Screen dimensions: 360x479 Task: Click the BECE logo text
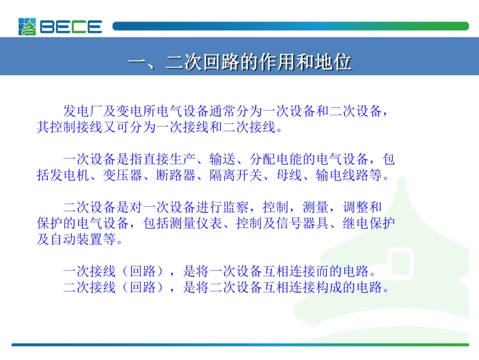71,27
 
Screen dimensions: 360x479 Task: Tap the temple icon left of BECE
28,27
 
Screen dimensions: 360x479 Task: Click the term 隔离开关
235,175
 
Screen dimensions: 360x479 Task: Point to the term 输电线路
341,175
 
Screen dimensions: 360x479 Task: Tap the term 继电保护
369,223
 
